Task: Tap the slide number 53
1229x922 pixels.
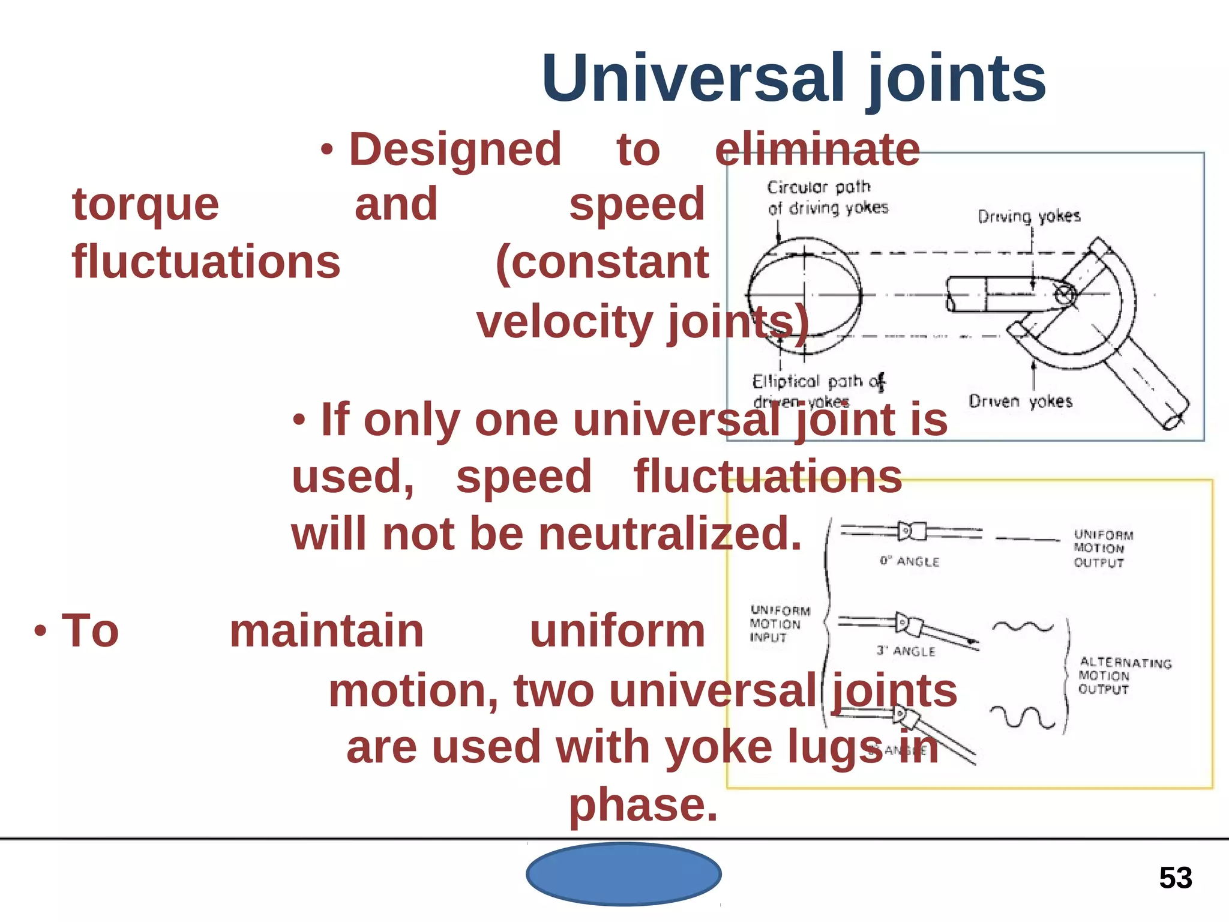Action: [1175, 878]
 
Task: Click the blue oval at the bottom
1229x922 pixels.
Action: [624, 873]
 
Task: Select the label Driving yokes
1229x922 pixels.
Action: [1029, 216]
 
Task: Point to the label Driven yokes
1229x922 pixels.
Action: [1020, 401]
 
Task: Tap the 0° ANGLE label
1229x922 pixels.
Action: [909, 561]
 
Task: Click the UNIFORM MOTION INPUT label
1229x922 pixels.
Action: [779, 624]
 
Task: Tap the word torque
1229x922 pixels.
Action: [145, 204]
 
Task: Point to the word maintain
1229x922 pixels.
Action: [326, 631]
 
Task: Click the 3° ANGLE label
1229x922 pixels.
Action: [906, 651]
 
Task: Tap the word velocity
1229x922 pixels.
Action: [564, 322]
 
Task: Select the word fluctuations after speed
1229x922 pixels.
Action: [768, 476]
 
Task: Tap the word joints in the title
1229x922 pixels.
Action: [957, 79]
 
